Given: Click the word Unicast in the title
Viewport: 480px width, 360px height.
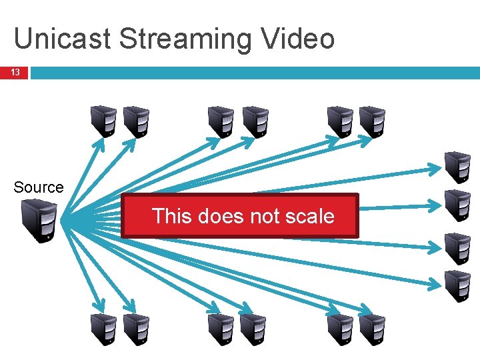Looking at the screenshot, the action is point(62,39).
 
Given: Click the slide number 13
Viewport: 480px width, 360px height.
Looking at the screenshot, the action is point(14,72).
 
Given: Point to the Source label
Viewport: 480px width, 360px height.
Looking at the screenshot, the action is point(39,187).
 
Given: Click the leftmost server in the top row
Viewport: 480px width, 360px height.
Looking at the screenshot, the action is point(104,122).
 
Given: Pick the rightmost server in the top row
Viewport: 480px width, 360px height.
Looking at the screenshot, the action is point(372,122).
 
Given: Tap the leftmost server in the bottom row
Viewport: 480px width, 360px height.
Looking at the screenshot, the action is point(104,329).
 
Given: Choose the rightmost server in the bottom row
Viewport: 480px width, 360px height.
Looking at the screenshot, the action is point(372,329).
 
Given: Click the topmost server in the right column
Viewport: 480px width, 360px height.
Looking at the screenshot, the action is point(458,167).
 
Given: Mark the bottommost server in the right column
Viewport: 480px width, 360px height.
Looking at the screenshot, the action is point(458,286).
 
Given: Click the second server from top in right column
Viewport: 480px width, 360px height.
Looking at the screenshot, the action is point(458,205).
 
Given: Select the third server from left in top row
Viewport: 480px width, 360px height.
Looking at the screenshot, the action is point(221,122).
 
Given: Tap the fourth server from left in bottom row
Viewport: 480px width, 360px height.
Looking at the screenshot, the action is point(253,329).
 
